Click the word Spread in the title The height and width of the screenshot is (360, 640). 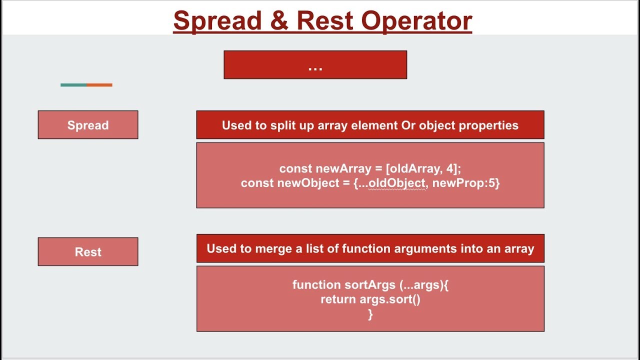click(x=217, y=21)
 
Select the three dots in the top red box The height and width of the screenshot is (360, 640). click(x=315, y=66)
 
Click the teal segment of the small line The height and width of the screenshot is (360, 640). click(x=73, y=85)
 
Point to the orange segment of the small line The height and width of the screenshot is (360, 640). click(x=99, y=85)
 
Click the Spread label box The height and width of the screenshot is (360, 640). click(x=88, y=125)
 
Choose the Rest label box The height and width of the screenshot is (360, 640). click(x=88, y=252)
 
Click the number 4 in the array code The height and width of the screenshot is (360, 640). click(x=449, y=168)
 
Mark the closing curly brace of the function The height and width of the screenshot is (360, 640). click(x=370, y=314)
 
